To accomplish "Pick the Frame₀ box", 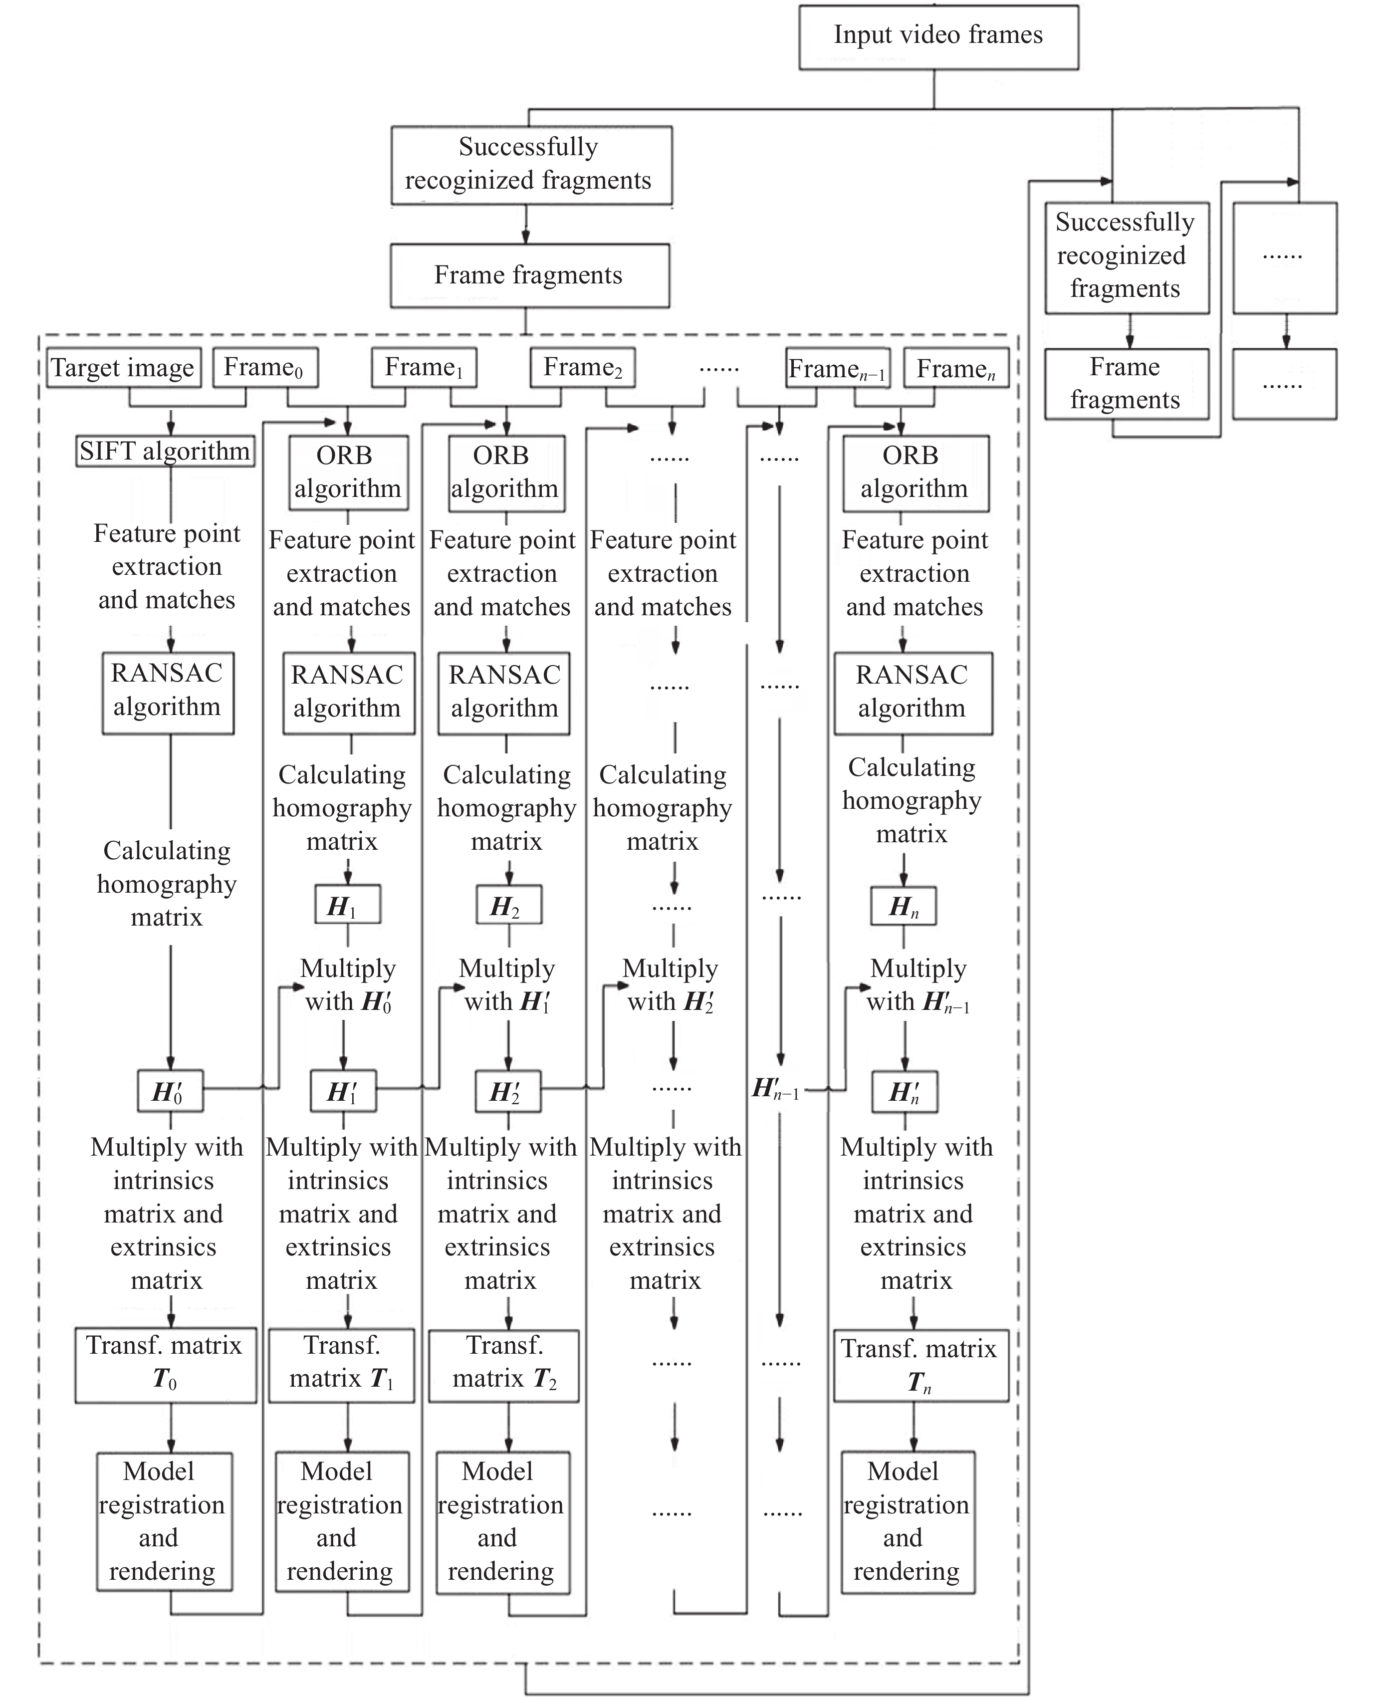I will coord(265,368).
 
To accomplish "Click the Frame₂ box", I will coord(582,368).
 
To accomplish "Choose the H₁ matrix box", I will coord(348,905).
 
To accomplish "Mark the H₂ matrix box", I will coord(508,905).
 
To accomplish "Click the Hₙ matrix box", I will coord(904,905).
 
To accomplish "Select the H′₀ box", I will coord(170,1091).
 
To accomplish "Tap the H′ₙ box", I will coord(905,1091).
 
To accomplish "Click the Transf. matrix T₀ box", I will coord(166,1365).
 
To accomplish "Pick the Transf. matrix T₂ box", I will coord(504,1365).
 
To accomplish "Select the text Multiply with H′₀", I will coord(349,984).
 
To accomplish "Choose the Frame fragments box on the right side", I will coord(1127,383).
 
